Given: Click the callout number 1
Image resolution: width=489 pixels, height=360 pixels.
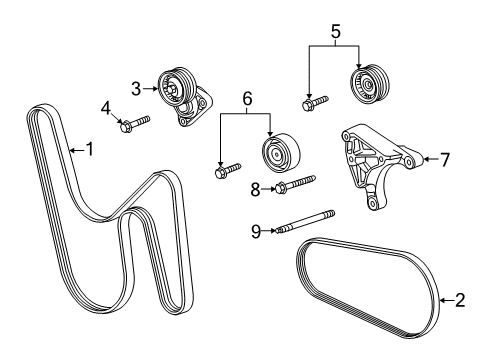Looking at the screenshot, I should pos(89,150).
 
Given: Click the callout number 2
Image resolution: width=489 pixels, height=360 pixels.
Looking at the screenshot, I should pos(460,299).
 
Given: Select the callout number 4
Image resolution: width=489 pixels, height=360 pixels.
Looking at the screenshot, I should pos(104,107).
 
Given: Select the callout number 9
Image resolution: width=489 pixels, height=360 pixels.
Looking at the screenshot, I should pos(255,231).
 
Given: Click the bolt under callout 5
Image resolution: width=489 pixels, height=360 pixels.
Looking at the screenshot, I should pos(312,101).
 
